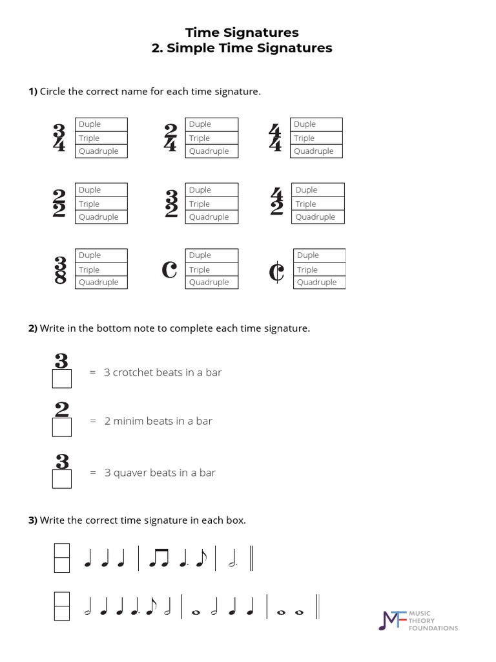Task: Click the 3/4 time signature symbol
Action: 59,137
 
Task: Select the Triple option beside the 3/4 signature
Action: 101,138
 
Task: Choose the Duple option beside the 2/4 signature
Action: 212,124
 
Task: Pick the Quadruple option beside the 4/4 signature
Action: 316,151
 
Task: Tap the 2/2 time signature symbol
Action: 59,204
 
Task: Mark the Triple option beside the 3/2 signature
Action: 212,204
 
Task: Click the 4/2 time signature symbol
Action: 276,204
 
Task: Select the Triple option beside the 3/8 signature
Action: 101,270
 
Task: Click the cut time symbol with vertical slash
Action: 276,272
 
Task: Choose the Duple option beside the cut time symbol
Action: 319,255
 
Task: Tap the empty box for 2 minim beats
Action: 61,427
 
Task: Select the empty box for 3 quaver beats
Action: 61,479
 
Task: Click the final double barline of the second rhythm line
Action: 318,608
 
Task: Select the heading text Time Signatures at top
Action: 242,32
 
